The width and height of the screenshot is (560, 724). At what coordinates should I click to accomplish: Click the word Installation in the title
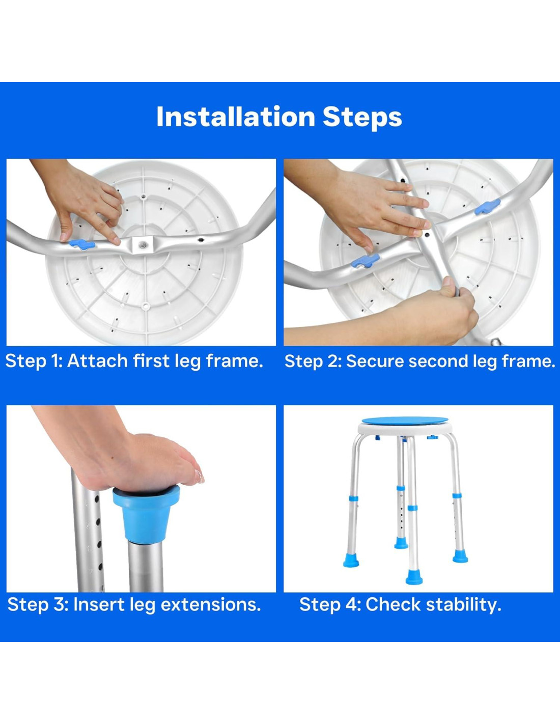pyautogui.click(x=236, y=117)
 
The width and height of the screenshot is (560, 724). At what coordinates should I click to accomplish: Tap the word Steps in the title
pyautogui.click(x=362, y=117)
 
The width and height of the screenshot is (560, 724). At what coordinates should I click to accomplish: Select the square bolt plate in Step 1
pyautogui.click(x=142, y=245)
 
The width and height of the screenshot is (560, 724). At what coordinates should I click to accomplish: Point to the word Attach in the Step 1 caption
pyautogui.click(x=97, y=361)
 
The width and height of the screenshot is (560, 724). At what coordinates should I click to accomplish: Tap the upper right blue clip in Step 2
pyautogui.click(x=487, y=207)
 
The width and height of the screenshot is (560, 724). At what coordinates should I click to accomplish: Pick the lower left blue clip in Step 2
pyautogui.click(x=365, y=261)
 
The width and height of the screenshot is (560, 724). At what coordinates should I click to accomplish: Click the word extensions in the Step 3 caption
pyautogui.click(x=211, y=604)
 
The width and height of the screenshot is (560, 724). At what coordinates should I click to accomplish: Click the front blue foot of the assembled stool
pyautogui.click(x=414, y=577)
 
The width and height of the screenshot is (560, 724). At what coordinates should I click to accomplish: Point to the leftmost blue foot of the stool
pyautogui.click(x=351, y=560)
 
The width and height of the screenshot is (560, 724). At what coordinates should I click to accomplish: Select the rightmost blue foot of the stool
pyautogui.click(x=460, y=556)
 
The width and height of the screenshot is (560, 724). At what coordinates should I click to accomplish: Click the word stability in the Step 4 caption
pyautogui.click(x=463, y=604)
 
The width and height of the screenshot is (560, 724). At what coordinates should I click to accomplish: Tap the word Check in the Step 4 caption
pyautogui.click(x=393, y=604)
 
